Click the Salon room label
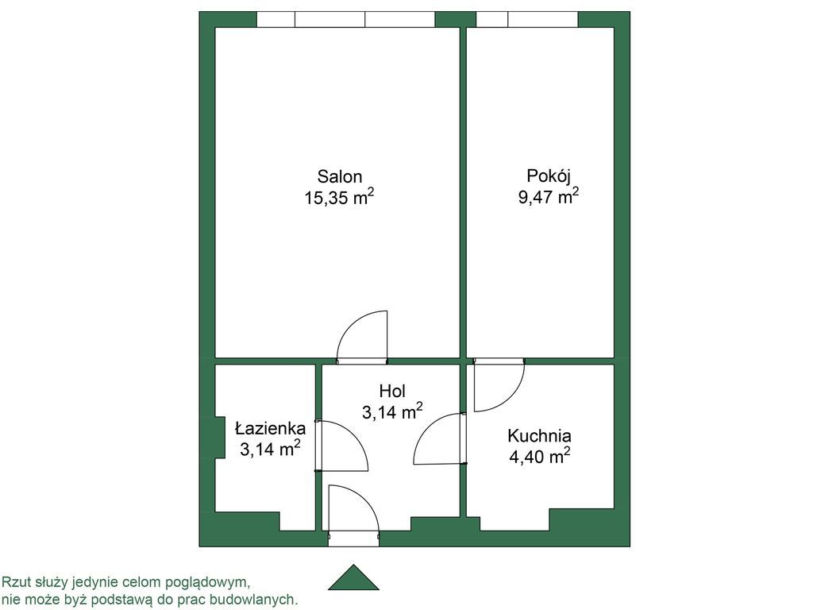pos(340,177)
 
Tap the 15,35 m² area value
pos(340,197)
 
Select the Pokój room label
pos(549,176)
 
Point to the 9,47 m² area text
pos(549,196)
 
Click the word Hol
pos(392,391)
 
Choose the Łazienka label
pos(270,428)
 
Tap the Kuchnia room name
pos(539,436)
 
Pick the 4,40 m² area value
pos(540,457)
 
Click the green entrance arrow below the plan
pos(353,577)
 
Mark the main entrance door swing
pos(364,496)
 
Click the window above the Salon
pos(346,19)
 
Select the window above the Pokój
pos(527,19)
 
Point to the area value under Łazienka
pos(270,449)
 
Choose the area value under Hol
pos(392,411)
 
